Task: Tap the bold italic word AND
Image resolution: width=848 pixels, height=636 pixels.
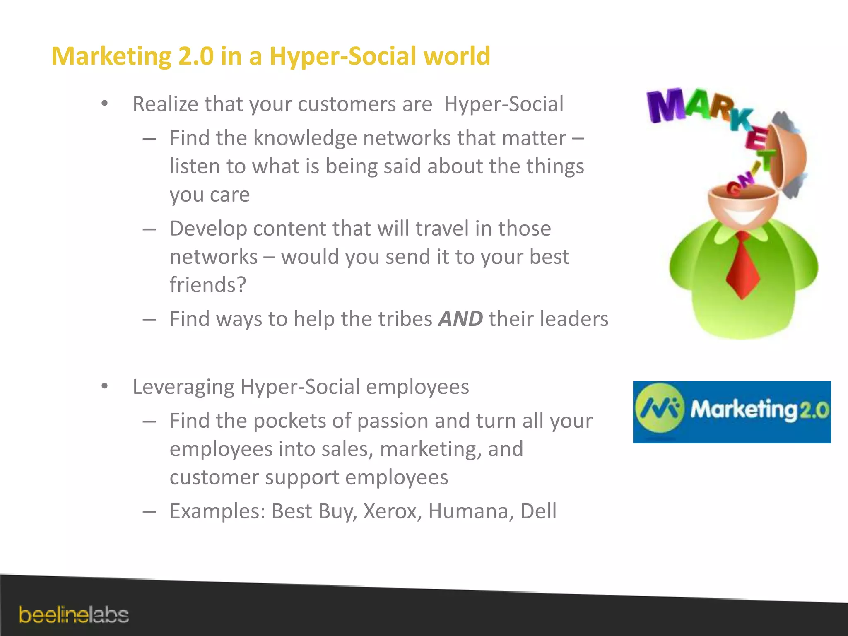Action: pyautogui.click(x=460, y=319)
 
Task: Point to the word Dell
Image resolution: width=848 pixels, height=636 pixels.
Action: pyautogui.click(x=538, y=511)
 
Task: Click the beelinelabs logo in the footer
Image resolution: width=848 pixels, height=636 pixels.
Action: pyautogui.click(x=74, y=615)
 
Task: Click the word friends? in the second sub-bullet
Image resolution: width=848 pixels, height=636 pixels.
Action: pyautogui.click(x=208, y=285)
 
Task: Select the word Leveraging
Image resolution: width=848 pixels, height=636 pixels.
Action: pyautogui.click(x=183, y=387)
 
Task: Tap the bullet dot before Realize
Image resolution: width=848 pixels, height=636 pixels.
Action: pyautogui.click(x=105, y=104)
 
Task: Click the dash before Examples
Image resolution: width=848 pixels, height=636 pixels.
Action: pyautogui.click(x=149, y=512)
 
